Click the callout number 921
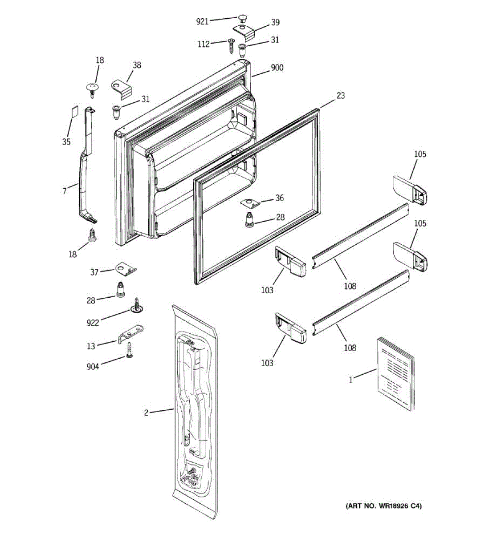202,21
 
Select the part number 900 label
277,68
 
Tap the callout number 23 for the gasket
340,95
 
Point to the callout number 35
66,142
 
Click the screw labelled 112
231,45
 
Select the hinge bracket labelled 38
122,86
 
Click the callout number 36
279,198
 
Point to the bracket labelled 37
126,268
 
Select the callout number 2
146,413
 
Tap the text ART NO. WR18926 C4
383,506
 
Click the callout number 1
350,380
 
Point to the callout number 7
65,191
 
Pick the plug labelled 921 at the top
242,18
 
